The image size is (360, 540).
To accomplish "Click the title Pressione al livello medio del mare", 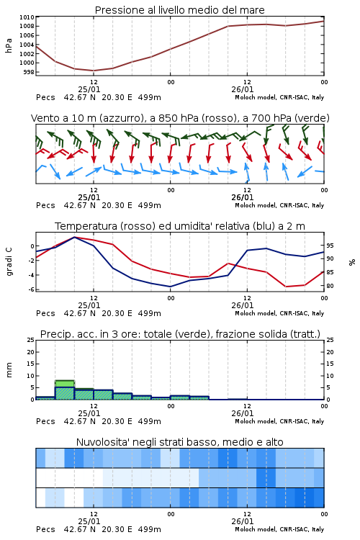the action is (179, 10).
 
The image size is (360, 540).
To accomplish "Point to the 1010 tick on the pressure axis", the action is (27, 17).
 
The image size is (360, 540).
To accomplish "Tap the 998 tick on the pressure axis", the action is (29, 72).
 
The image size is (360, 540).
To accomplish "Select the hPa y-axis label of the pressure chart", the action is (9, 45).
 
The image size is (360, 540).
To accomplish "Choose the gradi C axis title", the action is (9, 261).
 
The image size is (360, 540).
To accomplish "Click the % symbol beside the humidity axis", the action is (352, 262).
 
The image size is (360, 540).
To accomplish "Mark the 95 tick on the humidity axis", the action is (330, 246).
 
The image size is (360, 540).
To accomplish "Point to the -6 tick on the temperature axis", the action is (32, 289).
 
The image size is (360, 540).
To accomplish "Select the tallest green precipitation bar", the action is (65, 390).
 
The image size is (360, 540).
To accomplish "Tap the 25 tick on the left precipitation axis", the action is (31, 341).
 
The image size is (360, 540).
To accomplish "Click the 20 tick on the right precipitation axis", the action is (330, 352).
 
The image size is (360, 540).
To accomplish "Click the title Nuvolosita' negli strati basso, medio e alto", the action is (179, 442).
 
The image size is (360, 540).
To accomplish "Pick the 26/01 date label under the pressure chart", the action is (243, 89).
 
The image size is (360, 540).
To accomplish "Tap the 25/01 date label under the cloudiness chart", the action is (89, 521).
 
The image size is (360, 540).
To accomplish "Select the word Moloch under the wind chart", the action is (245, 206).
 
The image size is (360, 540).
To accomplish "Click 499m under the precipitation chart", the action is (150, 421).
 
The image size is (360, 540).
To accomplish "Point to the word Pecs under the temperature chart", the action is (45, 313).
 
